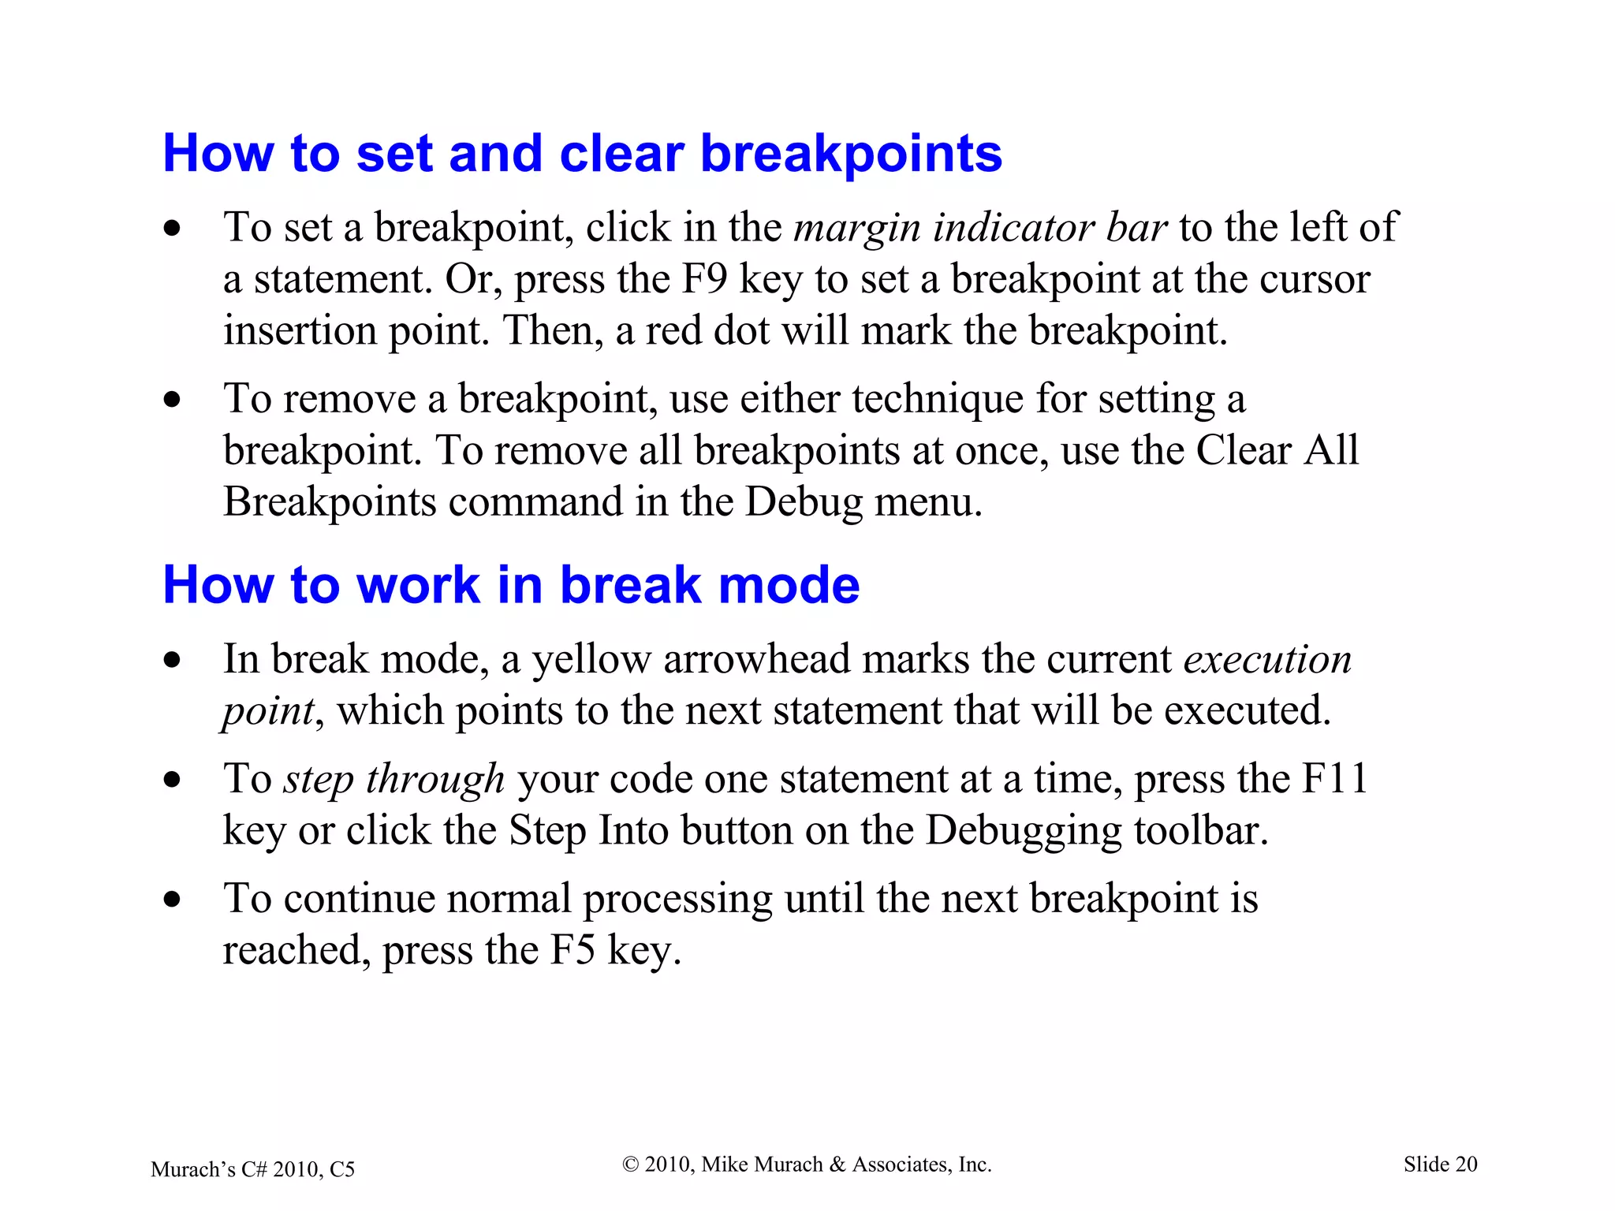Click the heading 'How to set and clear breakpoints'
582,153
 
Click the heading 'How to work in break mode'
511,585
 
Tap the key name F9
703,279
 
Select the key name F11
1334,779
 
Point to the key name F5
572,950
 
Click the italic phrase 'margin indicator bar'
979,228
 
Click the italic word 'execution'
1268,660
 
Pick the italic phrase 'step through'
394,779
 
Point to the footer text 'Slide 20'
1440,1164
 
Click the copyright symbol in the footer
630,1164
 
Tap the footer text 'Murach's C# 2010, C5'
252,1169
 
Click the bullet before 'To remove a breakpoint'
172,400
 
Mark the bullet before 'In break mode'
172,660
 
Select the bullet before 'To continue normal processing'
172,900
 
